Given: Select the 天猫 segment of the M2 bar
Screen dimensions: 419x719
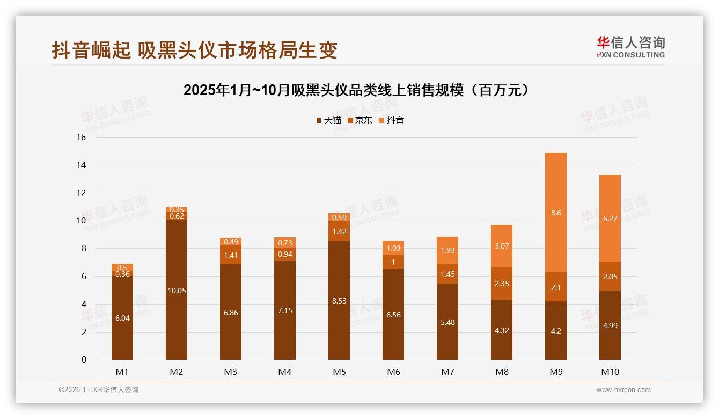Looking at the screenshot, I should point(177,290).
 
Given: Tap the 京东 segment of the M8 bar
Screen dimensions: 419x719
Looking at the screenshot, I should point(501,283).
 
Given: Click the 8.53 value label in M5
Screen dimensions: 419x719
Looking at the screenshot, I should point(339,301).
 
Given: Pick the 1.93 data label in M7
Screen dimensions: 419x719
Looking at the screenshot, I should point(447,250).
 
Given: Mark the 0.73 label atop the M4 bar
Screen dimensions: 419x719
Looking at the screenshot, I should point(285,243).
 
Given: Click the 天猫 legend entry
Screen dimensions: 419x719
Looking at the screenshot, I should point(328,120).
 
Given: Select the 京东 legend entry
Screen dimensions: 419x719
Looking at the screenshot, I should point(360,120).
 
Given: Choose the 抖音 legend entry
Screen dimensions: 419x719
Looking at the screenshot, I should point(391,120).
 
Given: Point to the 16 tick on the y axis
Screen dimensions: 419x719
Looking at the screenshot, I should point(81,138).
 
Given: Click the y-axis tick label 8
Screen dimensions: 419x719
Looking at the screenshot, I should point(83,249).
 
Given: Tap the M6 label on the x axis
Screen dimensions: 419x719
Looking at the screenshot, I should point(393,372).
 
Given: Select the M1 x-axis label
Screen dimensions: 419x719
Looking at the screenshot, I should point(122,372).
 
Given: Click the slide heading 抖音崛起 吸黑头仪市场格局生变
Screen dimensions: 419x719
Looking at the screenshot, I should point(195,50).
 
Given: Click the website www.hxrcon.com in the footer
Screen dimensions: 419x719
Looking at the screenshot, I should point(623,390).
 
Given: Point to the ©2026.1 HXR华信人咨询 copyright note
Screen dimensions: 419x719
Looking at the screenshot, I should point(99,390).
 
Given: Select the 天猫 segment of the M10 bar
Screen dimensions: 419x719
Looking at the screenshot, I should point(610,325).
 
